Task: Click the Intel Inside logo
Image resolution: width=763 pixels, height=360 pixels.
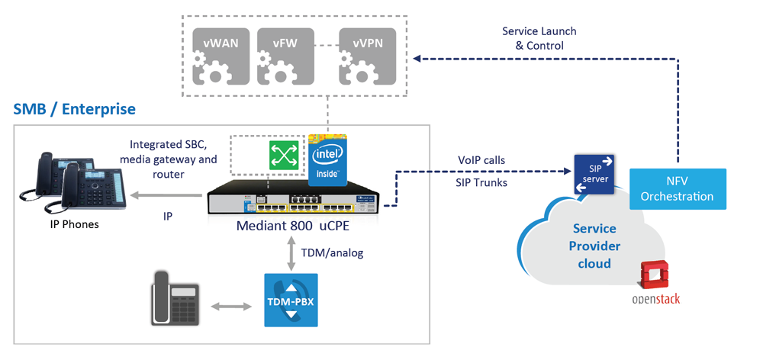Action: (x=327, y=160)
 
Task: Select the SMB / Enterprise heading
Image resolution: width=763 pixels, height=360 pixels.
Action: (x=75, y=109)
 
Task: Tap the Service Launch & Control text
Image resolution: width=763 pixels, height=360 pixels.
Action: (x=539, y=38)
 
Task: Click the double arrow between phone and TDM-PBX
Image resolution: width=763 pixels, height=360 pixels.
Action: (x=230, y=307)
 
